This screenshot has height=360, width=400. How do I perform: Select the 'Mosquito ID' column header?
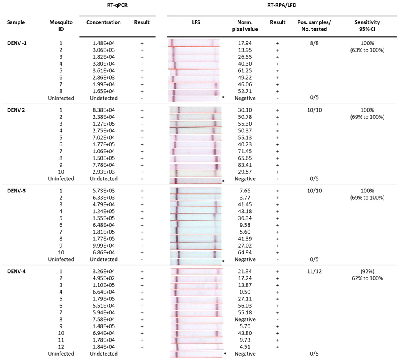[x=61, y=26]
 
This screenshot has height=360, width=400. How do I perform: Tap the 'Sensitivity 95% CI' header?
[x=367, y=26]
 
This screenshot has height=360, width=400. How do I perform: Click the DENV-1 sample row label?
[x=17, y=42]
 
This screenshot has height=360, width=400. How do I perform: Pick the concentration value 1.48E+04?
[x=103, y=43]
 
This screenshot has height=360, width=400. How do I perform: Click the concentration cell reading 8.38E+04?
[x=103, y=110]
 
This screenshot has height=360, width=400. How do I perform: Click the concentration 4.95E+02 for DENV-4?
[x=103, y=278]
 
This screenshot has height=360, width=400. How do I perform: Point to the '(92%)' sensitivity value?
[x=367, y=272]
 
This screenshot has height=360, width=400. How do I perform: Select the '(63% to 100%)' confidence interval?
[x=367, y=50]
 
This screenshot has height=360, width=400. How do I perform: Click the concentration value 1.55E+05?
[x=103, y=218]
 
